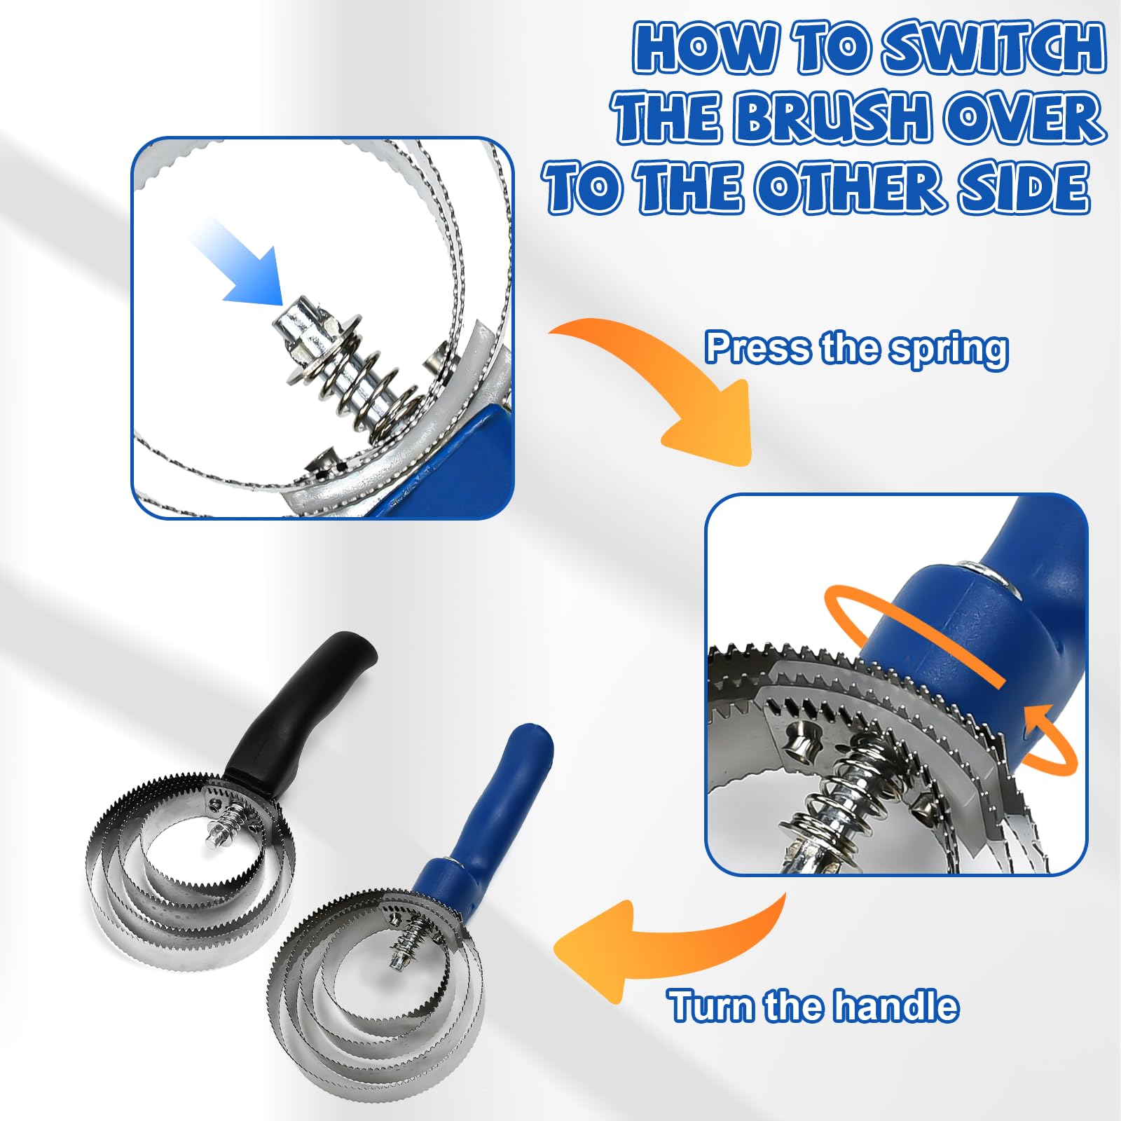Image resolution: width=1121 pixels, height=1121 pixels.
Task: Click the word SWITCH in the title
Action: (x=993, y=48)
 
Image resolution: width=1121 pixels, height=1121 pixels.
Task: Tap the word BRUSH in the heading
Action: (x=833, y=117)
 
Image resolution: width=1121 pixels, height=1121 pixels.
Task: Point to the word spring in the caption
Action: (x=949, y=350)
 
